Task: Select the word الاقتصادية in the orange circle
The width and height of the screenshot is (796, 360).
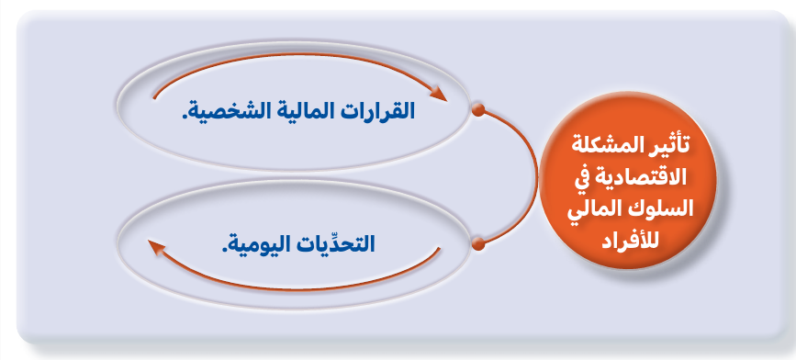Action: coord(636,177)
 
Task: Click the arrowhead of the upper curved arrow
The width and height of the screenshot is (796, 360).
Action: coord(439,95)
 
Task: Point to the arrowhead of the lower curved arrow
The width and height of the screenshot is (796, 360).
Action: coord(156,246)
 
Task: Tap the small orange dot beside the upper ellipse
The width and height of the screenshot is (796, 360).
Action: coord(477,110)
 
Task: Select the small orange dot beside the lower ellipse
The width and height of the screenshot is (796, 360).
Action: coord(477,244)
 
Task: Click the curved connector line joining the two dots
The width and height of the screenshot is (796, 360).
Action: coord(537,177)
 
